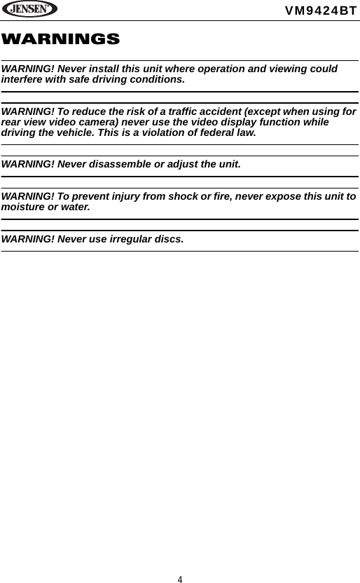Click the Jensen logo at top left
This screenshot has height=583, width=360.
(29, 10)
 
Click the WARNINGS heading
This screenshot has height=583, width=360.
(60, 39)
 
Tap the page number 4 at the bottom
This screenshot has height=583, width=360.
(180, 579)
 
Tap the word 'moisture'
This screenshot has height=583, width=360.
(24, 207)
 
